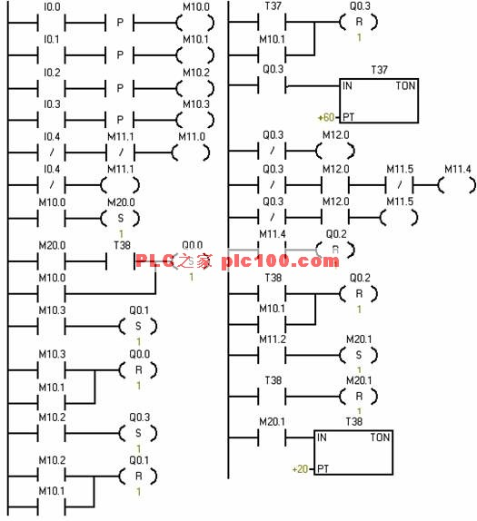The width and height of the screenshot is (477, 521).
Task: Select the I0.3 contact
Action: coord(51,119)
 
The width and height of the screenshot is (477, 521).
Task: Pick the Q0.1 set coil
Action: coord(137,326)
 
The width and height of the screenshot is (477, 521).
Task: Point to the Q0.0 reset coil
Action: coord(137,370)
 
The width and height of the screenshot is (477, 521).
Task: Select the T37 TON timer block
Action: coord(379,100)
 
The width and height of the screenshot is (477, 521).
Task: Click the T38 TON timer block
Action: coord(354,452)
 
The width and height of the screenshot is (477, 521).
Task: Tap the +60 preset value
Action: coord(324,118)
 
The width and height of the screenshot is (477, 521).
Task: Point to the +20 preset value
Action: coord(300,469)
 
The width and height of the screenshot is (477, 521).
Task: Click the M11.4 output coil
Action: coord(456,185)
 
